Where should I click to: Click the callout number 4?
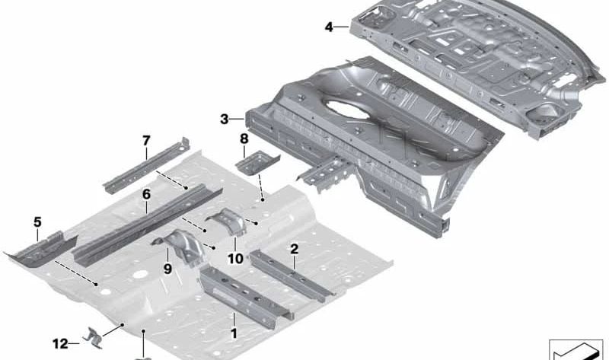(329, 27)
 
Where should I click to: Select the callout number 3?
(224, 119)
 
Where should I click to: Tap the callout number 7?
(146, 141)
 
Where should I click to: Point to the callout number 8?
(244, 139)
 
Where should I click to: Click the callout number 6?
(146, 194)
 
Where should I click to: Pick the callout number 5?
(37, 222)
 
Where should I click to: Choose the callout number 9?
(167, 269)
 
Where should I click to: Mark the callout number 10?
(235, 258)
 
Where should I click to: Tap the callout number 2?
(295, 249)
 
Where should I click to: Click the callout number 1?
(234, 333)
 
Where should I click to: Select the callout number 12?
(60, 344)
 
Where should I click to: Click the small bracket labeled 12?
(94, 338)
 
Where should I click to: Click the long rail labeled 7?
(147, 165)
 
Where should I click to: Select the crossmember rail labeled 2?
(292, 276)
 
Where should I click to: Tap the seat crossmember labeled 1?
(246, 296)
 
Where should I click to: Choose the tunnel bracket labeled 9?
(182, 247)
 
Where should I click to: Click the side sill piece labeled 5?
(41, 249)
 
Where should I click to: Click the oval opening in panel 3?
(347, 109)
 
